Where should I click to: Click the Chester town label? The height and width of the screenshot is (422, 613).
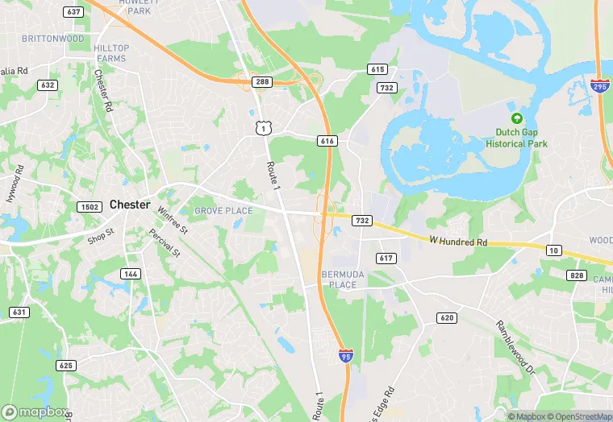click(x=130, y=205)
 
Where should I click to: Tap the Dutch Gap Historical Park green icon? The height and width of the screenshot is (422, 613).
click(x=516, y=118)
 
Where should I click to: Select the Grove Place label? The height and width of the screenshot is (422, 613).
click(x=223, y=211)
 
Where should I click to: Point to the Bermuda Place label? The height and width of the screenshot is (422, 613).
click(x=338, y=279)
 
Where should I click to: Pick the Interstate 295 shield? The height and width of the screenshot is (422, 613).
click(x=601, y=85)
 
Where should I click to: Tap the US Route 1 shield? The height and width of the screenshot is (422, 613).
click(x=261, y=127)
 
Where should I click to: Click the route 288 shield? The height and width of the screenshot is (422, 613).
click(x=261, y=81)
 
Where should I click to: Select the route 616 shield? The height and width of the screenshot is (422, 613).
click(x=327, y=141)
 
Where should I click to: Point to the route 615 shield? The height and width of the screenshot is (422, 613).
click(x=377, y=69)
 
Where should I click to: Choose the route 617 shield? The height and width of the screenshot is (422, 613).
click(x=386, y=258)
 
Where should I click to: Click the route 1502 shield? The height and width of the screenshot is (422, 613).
click(x=89, y=207)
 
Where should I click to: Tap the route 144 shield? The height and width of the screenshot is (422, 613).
click(x=130, y=274)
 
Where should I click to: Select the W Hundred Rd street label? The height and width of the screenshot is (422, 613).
click(x=458, y=241)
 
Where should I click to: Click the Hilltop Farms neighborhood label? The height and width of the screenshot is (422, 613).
click(x=111, y=53)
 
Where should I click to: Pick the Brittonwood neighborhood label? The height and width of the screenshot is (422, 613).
click(x=53, y=39)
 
